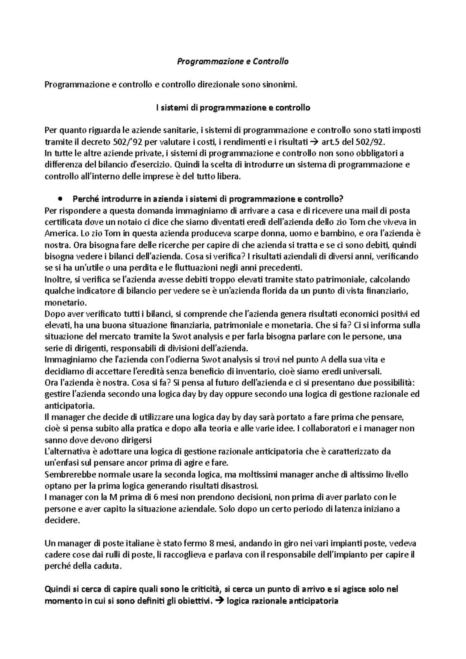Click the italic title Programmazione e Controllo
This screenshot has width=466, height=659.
233,61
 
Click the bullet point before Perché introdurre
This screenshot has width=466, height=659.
59,199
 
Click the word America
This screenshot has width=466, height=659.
59,234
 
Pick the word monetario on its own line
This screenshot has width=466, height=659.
61,302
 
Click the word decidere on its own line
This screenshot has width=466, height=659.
62,520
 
